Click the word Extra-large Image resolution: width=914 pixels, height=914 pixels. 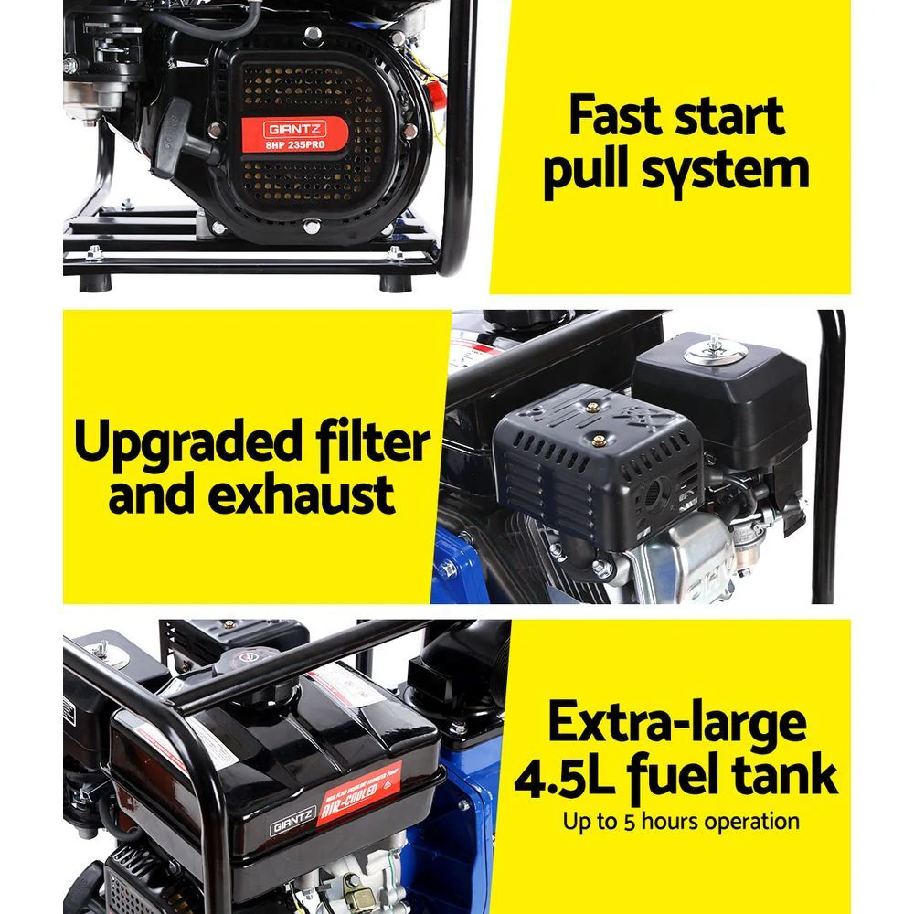(x=677, y=722)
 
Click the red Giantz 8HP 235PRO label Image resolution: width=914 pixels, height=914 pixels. (x=294, y=133)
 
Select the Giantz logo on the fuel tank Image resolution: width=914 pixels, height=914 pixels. (x=291, y=825)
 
